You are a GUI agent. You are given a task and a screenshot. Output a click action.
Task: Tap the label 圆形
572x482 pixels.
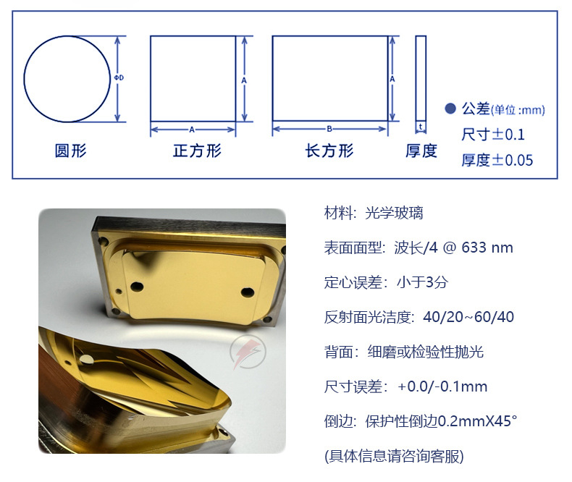70,151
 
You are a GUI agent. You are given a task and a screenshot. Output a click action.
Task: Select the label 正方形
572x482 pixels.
197,151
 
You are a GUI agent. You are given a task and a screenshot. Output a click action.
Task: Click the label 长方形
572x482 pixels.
329,151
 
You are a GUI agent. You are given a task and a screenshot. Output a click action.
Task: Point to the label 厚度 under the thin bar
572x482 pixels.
421,151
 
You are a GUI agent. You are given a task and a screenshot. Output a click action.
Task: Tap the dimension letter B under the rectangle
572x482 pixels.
329,130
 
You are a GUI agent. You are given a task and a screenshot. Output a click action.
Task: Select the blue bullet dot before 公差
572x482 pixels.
450,109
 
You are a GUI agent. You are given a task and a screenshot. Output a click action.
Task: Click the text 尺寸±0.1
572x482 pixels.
493,135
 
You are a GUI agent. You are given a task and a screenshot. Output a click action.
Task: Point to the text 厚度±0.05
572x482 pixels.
497,160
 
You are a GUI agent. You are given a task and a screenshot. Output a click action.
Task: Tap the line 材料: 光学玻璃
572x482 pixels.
374,213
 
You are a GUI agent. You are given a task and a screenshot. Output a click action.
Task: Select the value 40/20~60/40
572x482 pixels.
468,317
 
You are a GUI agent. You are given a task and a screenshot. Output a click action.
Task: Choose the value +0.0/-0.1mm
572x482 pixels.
442,386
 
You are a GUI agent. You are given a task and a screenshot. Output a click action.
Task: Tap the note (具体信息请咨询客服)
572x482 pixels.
394,456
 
